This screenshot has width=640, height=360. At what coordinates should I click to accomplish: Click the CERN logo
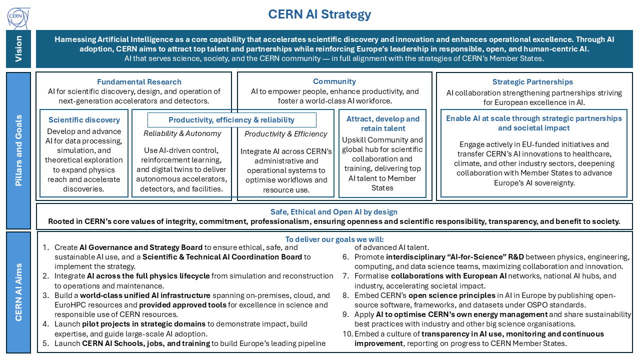[x=18, y=17]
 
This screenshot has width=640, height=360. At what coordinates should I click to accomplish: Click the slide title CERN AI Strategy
[x=319, y=14]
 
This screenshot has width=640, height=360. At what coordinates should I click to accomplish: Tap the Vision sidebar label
[x=18, y=48]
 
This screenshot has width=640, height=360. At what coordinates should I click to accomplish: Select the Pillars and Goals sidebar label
[x=18, y=150]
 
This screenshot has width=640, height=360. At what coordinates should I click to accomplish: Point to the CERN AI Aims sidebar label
[x=18, y=292]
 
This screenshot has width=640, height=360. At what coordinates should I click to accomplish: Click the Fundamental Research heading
[x=139, y=81]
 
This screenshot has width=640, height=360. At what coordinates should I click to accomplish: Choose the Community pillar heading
[x=334, y=81]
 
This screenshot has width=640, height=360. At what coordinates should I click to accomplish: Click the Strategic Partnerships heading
[x=532, y=82]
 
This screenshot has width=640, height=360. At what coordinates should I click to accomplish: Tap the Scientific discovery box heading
[x=84, y=120]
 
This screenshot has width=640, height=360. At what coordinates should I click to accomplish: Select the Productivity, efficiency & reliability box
[x=231, y=120]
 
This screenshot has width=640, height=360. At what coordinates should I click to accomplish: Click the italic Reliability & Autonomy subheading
[x=182, y=133]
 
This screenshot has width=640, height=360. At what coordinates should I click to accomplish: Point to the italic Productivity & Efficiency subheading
[x=285, y=134]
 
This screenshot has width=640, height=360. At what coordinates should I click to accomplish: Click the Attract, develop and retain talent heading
[x=382, y=123]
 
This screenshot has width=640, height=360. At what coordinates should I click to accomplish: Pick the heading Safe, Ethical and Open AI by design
[x=334, y=212]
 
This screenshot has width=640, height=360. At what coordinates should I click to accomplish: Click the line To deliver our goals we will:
[x=334, y=239]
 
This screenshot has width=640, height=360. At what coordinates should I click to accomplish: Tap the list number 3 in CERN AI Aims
[x=45, y=295]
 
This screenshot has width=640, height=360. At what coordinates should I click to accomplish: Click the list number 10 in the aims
[x=347, y=333]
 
